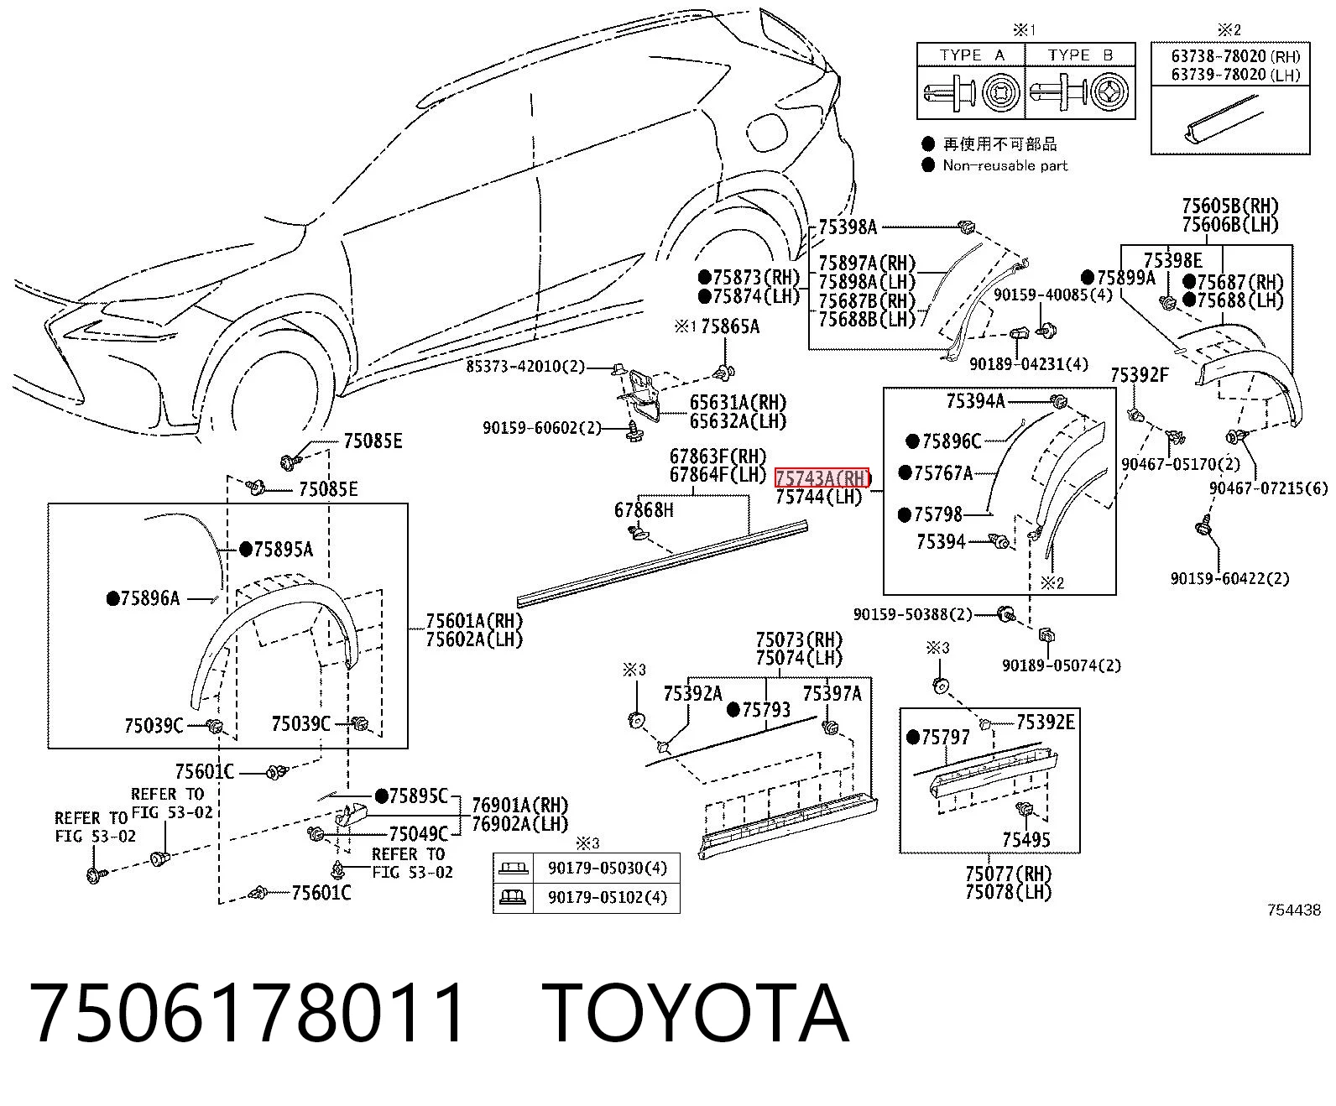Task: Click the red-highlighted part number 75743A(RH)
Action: pos(822,478)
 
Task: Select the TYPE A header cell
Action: pos(971,55)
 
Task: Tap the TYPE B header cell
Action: pos(1080,55)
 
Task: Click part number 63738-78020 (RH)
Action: pos(1235,56)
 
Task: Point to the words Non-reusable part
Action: pos(1005,166)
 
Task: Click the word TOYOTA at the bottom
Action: pos(697,1014)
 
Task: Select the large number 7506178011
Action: pos(247,1014)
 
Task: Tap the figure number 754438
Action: pos(1294,910)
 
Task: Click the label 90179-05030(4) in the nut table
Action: pos(608,868)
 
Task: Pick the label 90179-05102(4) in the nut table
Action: pos(608,897)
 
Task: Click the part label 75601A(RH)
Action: pos(474,621)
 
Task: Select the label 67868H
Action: pos(644,510)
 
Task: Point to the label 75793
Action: pos(766,710)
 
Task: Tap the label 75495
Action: pos(1026,840)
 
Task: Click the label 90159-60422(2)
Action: pos(1229,579)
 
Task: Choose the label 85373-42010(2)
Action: pos(525,366)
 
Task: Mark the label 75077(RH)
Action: pos(1009,874)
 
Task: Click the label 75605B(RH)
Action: pos(1229,206)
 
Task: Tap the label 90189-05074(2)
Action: pos(1062,665)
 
